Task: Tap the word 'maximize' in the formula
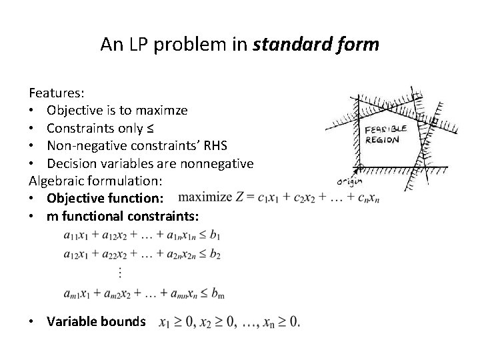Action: click(204, 197)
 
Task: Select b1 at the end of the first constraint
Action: click(215, 235)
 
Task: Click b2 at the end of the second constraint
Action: click(215, 255)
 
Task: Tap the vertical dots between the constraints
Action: click(120, 272)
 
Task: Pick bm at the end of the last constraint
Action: click(215, 294)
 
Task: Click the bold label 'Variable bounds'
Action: click(96, 321)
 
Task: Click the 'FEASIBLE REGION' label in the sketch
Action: click(382, 135)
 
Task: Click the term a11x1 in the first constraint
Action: click(75, 235)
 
